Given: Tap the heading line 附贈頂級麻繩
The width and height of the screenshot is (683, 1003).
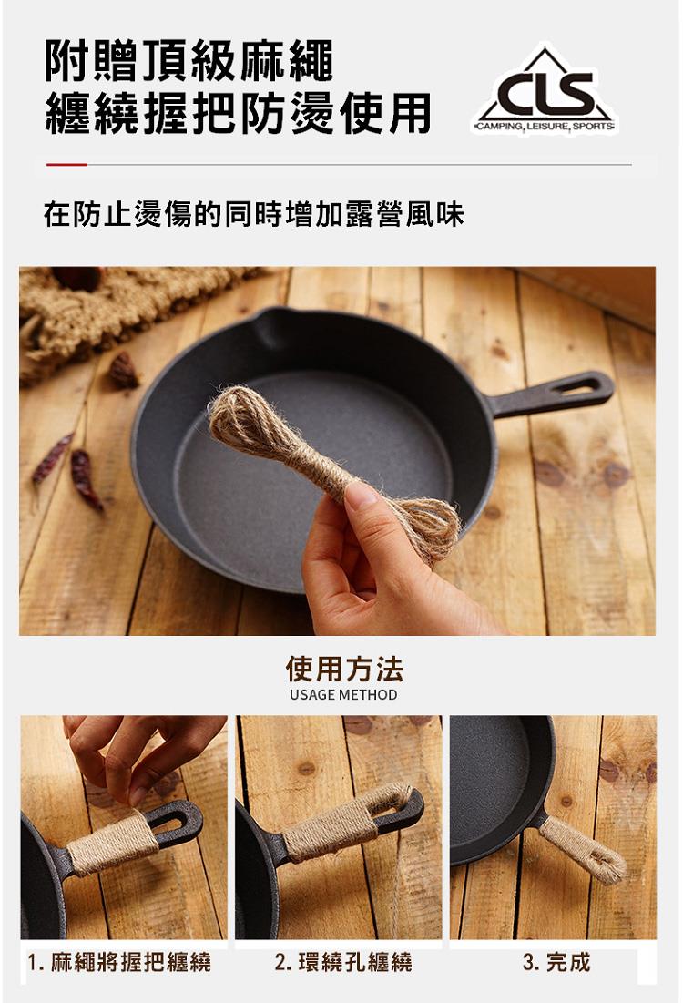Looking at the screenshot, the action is pos(189,61).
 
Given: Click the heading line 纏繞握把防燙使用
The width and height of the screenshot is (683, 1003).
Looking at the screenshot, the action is pos(238,113).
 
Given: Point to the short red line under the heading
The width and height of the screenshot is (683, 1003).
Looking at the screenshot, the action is pos(66,164).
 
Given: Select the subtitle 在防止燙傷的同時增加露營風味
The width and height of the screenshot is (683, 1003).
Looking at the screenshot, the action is pos(253,214).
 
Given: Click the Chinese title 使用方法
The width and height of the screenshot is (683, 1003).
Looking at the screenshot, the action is pos(344,669).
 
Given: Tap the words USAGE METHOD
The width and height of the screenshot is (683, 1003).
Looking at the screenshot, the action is pos(343,695).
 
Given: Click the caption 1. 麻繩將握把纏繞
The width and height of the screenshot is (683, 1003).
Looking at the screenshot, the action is pos(119,962).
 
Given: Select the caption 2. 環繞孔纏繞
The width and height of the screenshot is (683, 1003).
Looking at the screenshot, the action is pos(343,962).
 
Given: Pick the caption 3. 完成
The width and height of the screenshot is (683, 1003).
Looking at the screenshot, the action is pos(556,962).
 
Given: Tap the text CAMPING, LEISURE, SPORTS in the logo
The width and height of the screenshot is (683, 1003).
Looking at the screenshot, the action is pos(545,127).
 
